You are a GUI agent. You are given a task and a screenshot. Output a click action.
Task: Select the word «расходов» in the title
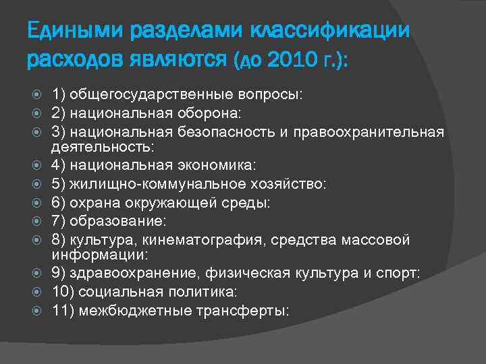pos(73,62)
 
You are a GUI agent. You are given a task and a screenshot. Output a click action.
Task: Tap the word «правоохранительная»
pos(378,131)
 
